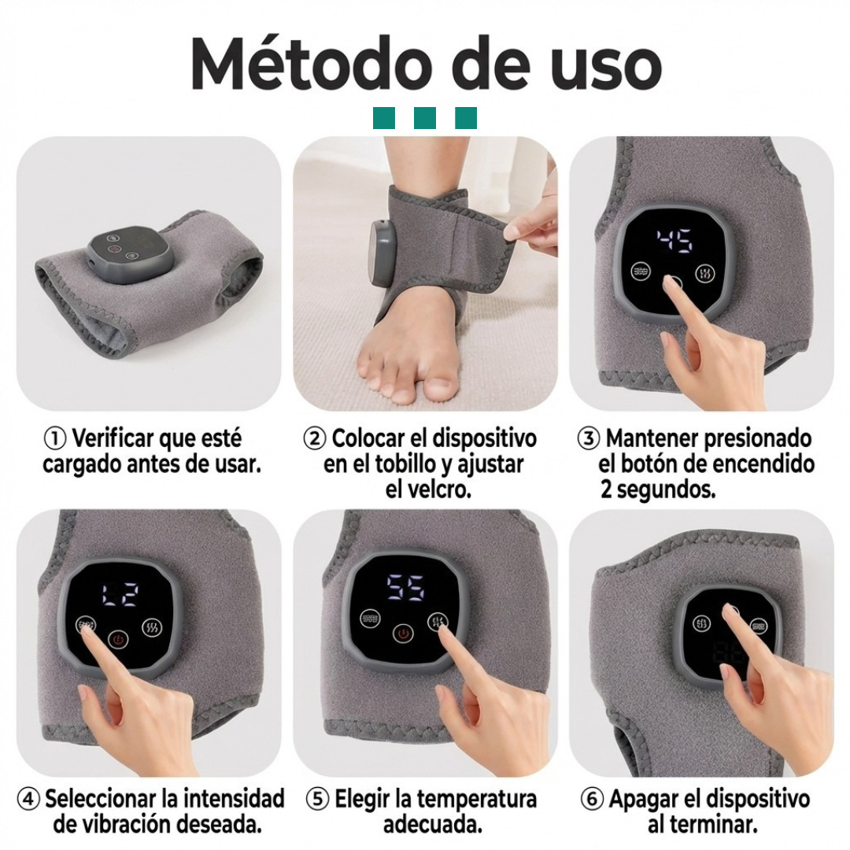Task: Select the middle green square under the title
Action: [x=425, y=118]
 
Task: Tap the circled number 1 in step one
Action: [x=54, y=438]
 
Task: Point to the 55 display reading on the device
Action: [x=405, y=586]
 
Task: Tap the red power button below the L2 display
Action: [x=118, y=639]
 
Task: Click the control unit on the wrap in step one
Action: [x=128, y=253]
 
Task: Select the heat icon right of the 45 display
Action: [x=702, y=272]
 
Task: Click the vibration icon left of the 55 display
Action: [x=370, y=618]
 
